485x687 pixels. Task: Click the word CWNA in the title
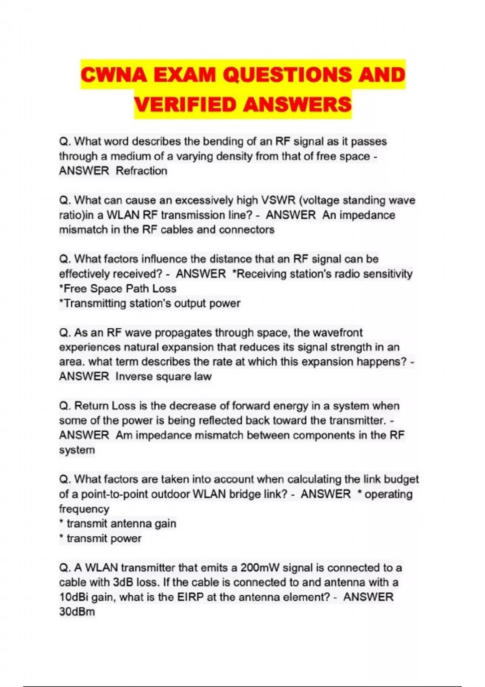tap(114, 76)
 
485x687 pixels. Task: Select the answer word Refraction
tap(141, 171)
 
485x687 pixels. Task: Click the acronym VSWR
tap(279, 200)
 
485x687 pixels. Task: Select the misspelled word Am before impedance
tap(124, 435)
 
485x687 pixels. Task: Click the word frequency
tap(84, 509)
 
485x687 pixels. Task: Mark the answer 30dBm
tap(77, 612)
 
